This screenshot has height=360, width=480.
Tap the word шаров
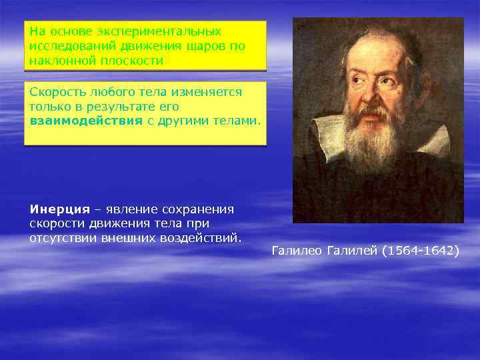click(x=202, y=46)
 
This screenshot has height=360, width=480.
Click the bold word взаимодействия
click(x=86, y=120)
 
